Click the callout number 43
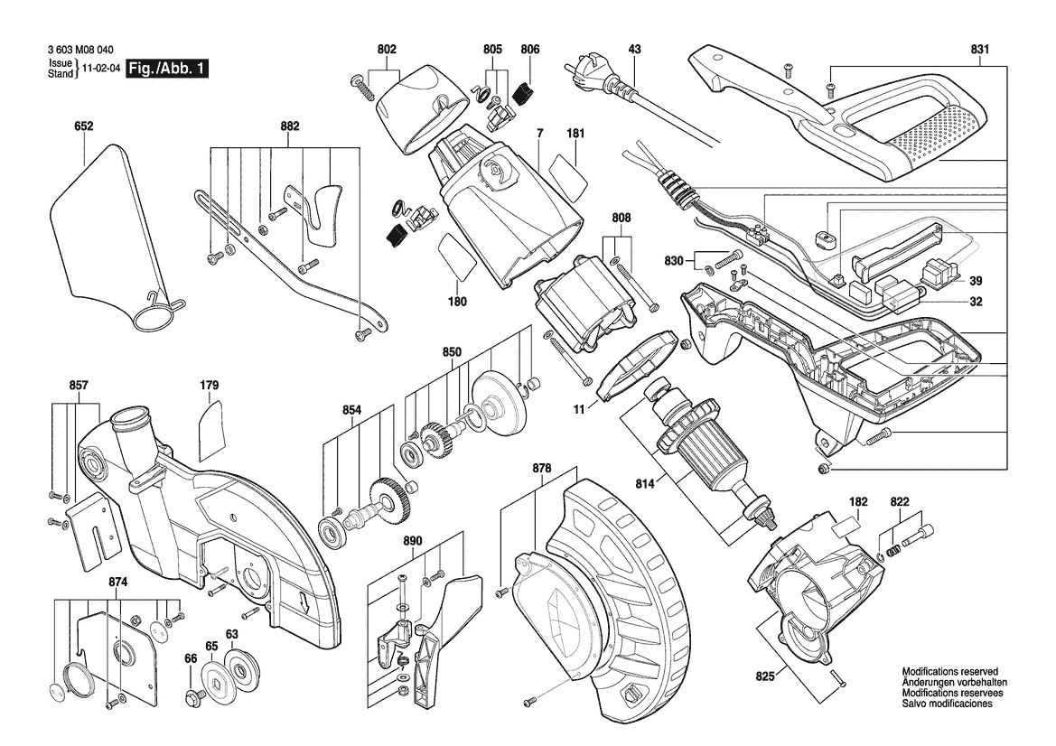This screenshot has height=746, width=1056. pyautogui.click(x=634, y=49)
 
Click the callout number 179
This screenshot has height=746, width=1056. pyautogui.click(x=209, y=386)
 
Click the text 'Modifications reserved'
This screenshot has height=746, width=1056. pyautogui.click(x=949, y=673)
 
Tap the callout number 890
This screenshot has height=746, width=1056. pyautogui.click(x=413, y=542)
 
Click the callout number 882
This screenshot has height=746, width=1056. pyautogui.click(x=289, y=127)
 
